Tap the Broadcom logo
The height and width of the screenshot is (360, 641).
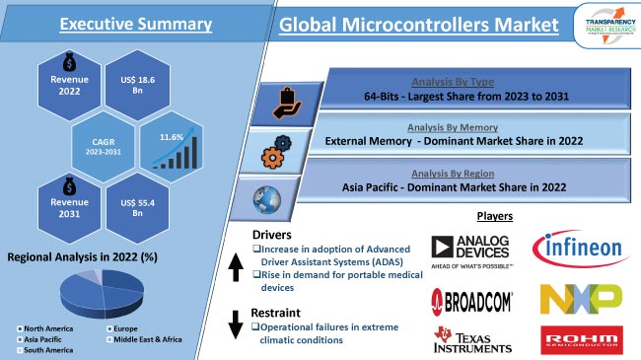click(x=470, y=298)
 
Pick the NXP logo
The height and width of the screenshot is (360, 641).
click(x=580, y=297)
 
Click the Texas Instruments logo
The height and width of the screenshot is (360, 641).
click(x=471, y=338)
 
